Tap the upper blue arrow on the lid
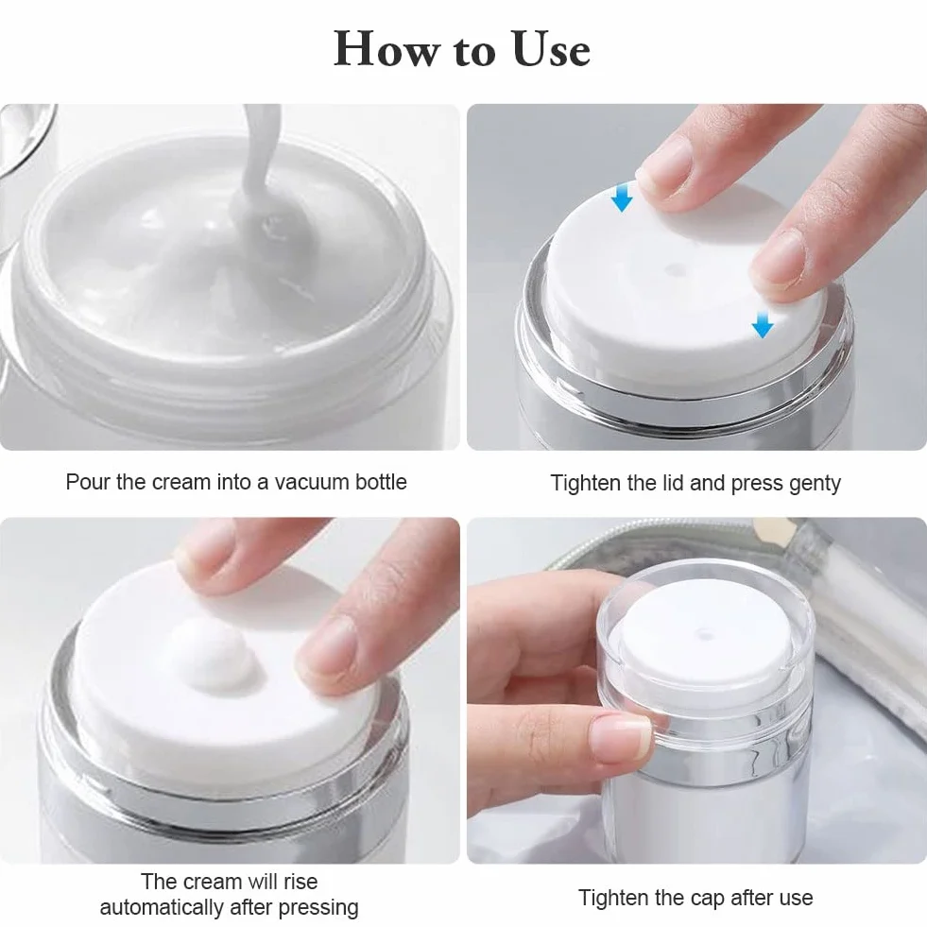[622, 197]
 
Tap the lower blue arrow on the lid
[762, 324]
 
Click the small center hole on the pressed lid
[675, 270]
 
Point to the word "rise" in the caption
[300, 882]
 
